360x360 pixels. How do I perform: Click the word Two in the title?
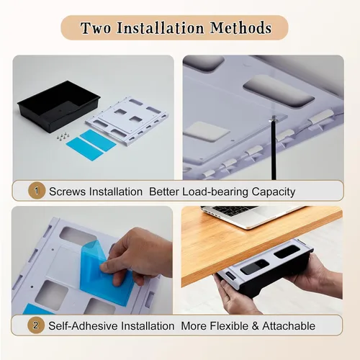coord(96,28)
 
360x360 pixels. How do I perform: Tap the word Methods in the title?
coord(240,28)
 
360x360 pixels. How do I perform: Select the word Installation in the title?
coord(161,28)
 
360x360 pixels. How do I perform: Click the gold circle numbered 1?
coord(37,191)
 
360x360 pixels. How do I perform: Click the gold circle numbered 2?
coord(36,325)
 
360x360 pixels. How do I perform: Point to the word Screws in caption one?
coord(67,192)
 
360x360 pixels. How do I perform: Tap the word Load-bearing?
coord(215,192)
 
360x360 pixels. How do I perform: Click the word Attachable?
coord(289,326)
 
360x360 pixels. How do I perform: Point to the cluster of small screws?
coord(63,137)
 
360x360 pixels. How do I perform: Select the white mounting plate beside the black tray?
coord(127,121)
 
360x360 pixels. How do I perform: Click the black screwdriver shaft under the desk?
coord(274,149)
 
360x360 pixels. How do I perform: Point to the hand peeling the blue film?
coord(137,257)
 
